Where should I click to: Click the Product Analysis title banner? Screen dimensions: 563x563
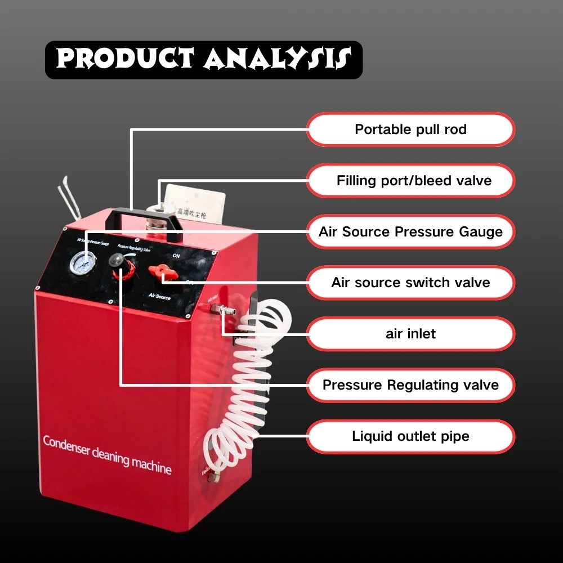pyautogui.click(x=203, y=60)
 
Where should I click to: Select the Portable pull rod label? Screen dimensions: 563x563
pyautogui.click(x=410, y=129)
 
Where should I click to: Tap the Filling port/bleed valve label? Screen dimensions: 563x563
pyautogui.click(x=410, y=181)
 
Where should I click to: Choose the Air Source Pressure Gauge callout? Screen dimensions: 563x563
pyautogui.click(x=410, y=231)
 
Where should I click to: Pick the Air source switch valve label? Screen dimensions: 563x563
pyautogui.click(x=410, y=283)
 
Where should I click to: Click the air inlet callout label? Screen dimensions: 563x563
pyautogui.click(x=410, y=334)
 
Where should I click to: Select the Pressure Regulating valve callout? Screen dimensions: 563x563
pyautogui.click(x=410, y=385)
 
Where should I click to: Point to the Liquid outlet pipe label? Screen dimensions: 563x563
pyautogui.click(x=410, y=436)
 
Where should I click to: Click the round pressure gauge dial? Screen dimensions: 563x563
pyautogui.click(x=83, y=262)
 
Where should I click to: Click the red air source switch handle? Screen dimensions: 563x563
pyautogui.click(x=162, y=274)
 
